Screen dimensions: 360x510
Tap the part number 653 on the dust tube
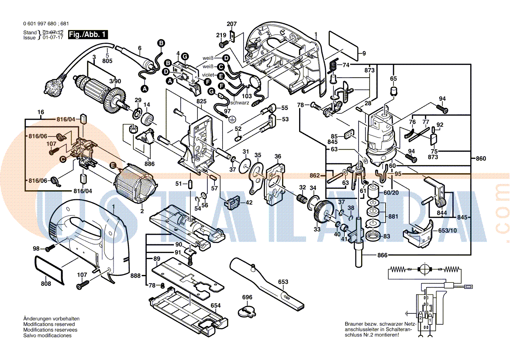(x=283, y=282)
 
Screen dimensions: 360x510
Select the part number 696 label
(x=247, y=298)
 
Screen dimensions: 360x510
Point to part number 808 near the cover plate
(x=46, y=284)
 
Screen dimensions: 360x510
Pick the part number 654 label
(x=215, y=305)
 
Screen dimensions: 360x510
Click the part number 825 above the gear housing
(x=201, y=101)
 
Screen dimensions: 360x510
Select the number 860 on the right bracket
(x=480, y=159)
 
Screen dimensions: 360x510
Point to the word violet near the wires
(x=208, y=75)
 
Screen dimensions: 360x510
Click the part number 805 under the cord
(x=107, y=61)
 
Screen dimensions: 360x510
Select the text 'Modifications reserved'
(x=49, y=325)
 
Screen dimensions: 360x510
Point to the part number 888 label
(x=135, y=276)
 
